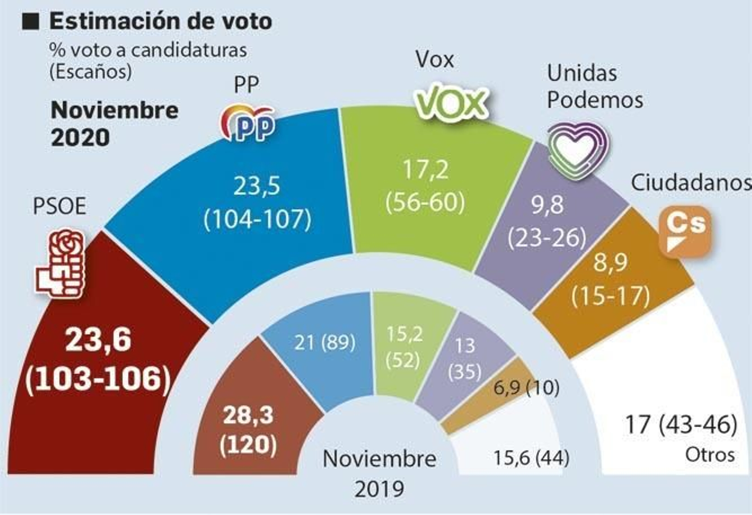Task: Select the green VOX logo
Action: point(452,101)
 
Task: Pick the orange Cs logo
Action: point(685,231)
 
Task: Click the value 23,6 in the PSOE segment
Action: point(98,339)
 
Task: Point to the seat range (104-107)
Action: point(258,219)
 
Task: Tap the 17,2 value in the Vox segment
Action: point(425,170)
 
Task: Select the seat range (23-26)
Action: point(547,238)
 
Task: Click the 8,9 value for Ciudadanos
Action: point(610,263)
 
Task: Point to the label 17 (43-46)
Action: point(681,424)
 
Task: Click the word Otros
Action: point(710,454)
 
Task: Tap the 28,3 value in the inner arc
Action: point(248,415)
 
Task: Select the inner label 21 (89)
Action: point(324,342)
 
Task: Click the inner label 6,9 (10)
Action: point(526,388)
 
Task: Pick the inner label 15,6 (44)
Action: point(531,457)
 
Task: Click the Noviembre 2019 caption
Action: point(379,473)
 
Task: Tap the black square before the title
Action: point(31,22)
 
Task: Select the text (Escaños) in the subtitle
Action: point(90,71)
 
